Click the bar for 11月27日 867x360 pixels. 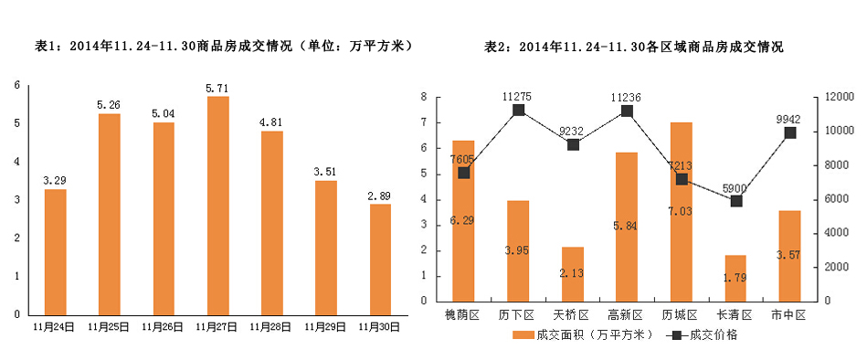click(217, 206)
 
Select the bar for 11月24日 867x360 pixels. click(55, 251)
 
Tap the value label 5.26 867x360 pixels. click(109, 104)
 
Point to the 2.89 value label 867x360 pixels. click(380, 195)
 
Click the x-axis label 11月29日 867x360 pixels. click(326, 325)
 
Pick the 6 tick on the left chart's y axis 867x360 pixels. click(16, 86)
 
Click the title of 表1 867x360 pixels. click(223, 45)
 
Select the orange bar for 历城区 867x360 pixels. click(682, 211)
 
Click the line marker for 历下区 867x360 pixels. click(519, 110)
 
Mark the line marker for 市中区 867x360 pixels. click(790, 132)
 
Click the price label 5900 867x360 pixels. click(735, 189)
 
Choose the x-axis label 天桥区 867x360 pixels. click(573, 314)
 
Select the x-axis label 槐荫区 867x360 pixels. click(463, 314)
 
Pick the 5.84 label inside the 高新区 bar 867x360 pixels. click(627, 225)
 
